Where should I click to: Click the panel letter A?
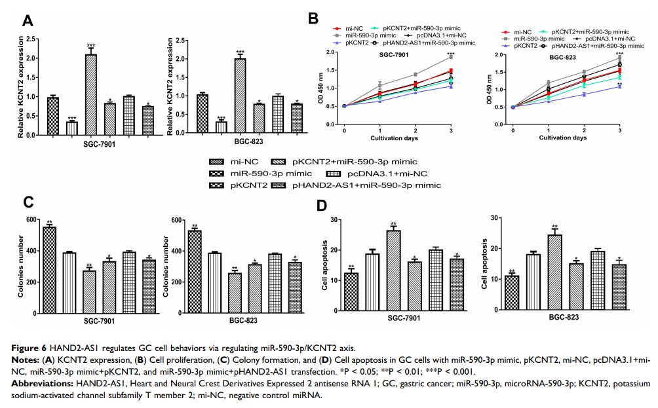pyautogui.click(x=28, y=20)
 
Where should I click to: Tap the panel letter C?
pyautogui.click(x=28, y=202)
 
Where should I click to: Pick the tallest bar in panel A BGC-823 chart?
pyautogui.click(x=240, y=88)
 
